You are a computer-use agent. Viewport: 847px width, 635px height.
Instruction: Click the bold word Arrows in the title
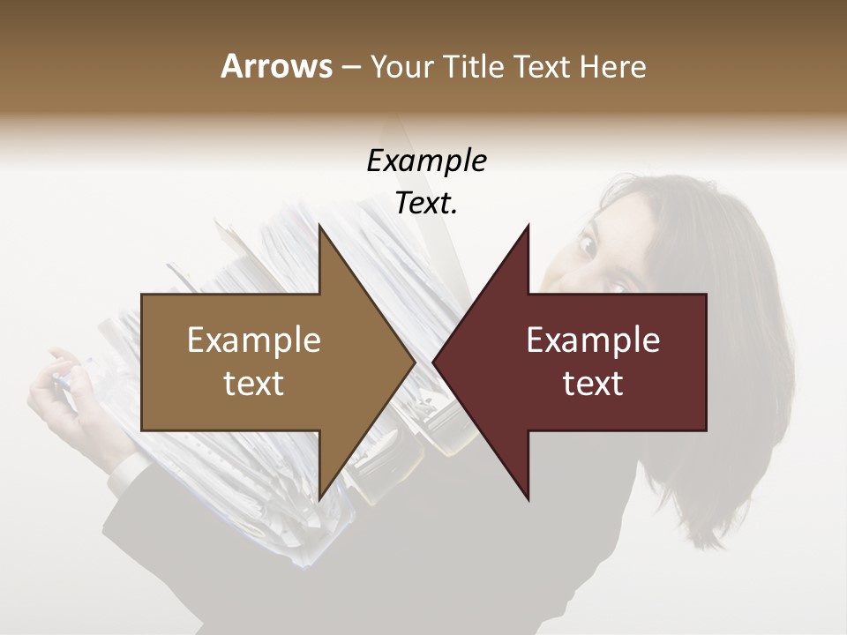[276, 66]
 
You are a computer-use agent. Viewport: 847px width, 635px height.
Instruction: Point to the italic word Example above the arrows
[426, 161]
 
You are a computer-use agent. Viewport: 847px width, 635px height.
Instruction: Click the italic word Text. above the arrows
[426, 204]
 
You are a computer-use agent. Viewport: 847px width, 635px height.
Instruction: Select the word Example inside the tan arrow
[254, 340]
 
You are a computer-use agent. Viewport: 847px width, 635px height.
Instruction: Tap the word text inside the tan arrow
[254, 384]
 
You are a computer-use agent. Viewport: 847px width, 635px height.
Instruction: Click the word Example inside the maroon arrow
[593, 340]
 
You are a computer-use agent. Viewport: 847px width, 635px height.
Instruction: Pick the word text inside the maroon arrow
[593, 384]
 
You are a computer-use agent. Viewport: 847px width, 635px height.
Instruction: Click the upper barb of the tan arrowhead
[323, 234]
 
